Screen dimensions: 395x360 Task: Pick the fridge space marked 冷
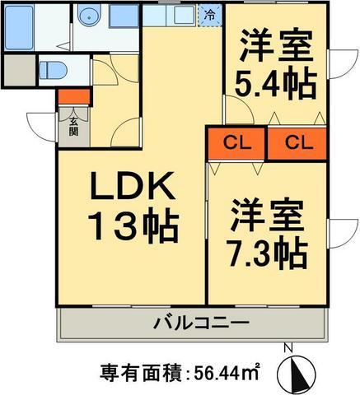click(x=210, y=14)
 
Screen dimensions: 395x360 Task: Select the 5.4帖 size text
click(x=278, y=85)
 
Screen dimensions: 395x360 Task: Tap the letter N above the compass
click(x=288, y=348)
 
